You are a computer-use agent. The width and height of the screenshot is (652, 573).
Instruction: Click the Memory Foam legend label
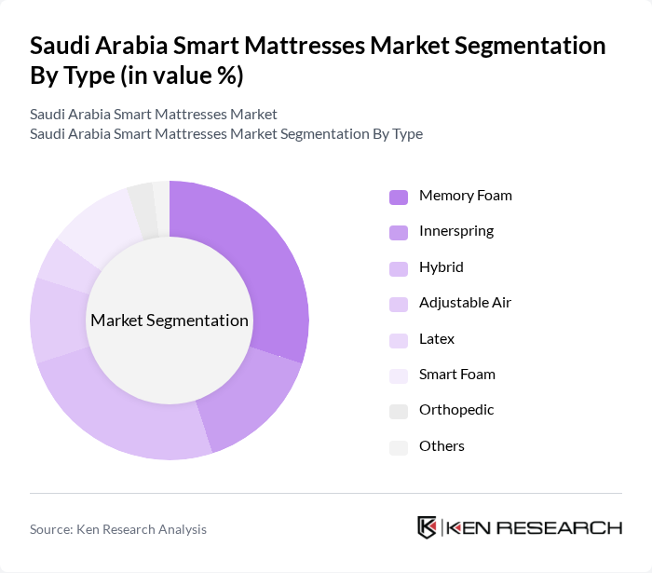[x=465, y=196]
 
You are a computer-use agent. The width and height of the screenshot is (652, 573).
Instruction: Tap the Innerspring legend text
[x=456, y=231]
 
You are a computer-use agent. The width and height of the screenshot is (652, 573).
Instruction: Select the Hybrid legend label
[x=441, y=267]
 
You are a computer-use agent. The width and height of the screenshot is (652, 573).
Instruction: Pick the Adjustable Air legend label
[x=465, y=303]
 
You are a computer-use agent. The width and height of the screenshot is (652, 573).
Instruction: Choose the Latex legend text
[x=437, y=339]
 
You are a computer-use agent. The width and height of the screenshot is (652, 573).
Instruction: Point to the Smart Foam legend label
[x=456, y=375]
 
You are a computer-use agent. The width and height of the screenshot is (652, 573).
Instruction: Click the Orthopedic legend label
[x=456, y=410]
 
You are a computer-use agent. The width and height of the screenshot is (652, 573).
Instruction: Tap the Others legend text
[x=441, y=446]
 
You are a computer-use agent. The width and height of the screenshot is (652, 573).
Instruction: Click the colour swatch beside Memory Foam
[x=399, y=197]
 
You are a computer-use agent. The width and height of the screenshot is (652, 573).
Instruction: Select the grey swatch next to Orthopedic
[x=399, y=411]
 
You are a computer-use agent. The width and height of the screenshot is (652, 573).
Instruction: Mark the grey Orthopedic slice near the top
[x=143, y=198]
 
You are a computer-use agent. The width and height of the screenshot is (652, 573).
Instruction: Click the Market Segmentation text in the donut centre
[x=170, y=321]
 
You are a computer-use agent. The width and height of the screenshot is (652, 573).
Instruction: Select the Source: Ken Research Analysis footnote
[x=118, y=529]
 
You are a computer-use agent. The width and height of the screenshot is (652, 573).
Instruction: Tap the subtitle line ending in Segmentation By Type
[x=226, y=133]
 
